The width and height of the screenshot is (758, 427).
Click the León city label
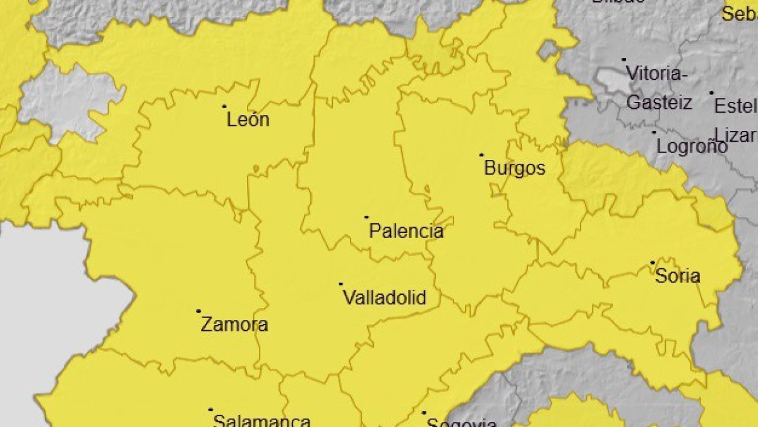coord(248,120)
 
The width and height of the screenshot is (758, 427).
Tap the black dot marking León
coord(224,106)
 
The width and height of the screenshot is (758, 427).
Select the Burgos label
coord(514,169)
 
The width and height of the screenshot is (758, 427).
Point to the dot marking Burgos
coord(481,154)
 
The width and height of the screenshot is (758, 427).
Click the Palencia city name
coord(406,232)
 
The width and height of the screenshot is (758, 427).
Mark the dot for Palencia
coord(366,217)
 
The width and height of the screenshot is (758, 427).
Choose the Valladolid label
coord(384,298)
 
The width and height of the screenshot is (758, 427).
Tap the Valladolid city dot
coord(341,284)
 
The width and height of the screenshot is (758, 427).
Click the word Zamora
coord(234,325)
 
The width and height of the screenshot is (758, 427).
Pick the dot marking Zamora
coord(198,311)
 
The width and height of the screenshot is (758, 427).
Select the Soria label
coord(678,276)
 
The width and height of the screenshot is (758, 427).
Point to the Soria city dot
coord(653,263)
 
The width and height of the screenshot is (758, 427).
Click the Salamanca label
coord(262,421)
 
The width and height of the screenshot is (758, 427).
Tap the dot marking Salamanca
coord(211,410)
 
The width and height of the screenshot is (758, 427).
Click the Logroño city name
coord(692,147)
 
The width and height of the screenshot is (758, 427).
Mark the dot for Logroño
coord(654,132)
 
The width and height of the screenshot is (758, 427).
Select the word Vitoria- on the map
coord(657,75)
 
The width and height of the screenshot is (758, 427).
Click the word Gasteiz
coord(659,103)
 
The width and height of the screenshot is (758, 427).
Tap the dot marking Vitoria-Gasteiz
coord(624,60)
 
